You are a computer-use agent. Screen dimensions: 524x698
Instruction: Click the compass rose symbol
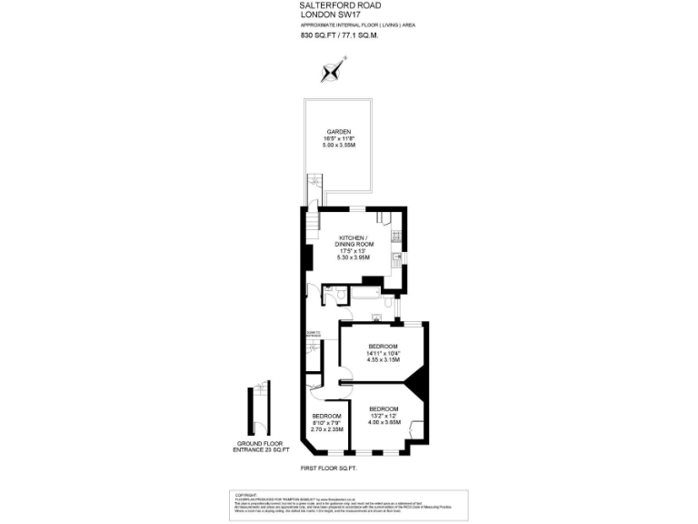tap(334, 70)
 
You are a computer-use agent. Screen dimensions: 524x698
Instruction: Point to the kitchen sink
tap(397, 258)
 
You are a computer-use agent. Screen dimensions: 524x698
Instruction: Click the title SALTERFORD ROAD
tap(333, 5)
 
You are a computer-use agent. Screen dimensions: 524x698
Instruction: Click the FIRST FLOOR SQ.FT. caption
tap(328, 468)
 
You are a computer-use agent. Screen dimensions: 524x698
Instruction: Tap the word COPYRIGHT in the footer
tap(246, 495)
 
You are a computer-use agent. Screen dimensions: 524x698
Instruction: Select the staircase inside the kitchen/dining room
tap(313, 220)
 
